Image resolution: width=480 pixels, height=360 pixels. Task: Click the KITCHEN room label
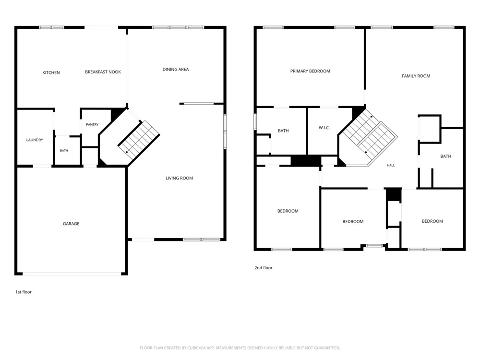point(51,72)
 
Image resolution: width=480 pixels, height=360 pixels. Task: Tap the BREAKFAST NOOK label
point(103,72)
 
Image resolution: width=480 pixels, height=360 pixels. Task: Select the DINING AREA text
point(176,70)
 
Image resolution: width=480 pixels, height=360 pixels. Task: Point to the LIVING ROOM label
point(180,178)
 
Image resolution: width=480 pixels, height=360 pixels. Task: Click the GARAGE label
point(71,224)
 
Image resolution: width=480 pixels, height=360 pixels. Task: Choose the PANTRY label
point(92,125)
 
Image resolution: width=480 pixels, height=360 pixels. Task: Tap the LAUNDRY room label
point(35,140)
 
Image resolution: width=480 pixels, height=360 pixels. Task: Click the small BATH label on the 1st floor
point(64,151)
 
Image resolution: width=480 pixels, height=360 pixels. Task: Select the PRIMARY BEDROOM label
point(310,71)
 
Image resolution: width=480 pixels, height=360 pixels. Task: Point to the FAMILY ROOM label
point(416,76)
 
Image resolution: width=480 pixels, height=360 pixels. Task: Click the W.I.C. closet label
point(324,128)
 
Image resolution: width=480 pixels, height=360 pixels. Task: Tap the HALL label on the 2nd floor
point(391,165)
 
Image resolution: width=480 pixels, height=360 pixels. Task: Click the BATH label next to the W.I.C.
point(283,131)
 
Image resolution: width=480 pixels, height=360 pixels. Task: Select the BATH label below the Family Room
point(446,156)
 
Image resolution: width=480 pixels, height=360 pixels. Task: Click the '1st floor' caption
point(24,292)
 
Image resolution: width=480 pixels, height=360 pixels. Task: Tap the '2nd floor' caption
point(264,267)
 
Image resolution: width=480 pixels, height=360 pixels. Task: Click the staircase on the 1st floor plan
point(139,140)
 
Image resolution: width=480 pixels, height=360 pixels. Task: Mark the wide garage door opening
point(72,274)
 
